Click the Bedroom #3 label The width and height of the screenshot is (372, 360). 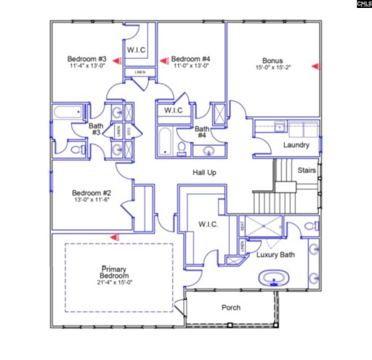(88, 59)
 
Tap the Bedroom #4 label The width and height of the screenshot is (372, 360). (192, 59)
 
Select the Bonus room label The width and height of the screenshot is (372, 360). (272, 61)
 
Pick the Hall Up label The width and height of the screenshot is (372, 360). (205, 172)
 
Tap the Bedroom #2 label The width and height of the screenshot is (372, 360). (91, 193)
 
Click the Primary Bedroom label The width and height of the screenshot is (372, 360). (115, 272)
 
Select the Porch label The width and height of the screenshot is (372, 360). (230, 308)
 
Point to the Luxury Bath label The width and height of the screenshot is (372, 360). (275, 255)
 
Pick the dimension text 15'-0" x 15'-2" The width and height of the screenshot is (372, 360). (272, 69)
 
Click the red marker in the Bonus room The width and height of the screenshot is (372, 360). (316, 66)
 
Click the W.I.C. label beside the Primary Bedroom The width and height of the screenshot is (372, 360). (208, 225)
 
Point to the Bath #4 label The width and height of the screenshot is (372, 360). (202, 132)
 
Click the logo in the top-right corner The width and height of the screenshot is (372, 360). (363, 4)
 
